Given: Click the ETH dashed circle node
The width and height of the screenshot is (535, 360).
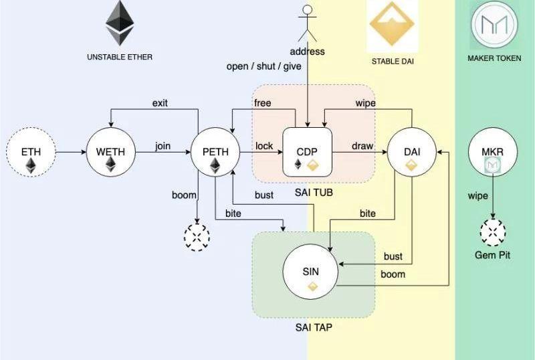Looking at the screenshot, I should [31, 153].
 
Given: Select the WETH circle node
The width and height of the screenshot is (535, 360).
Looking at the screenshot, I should [110, 153].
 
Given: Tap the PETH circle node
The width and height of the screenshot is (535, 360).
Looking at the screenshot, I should [215, 153].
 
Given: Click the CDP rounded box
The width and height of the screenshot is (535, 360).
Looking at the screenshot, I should [307, 153].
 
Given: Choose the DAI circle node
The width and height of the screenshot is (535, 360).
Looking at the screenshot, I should [411, 153].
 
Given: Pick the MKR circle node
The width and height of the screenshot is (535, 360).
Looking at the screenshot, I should [493, 153].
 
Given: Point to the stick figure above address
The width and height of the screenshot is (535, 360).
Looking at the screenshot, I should [307, 24].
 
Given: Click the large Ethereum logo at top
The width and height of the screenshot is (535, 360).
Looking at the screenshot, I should [120, 23].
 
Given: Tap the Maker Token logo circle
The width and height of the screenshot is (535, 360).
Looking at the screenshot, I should [494, 24].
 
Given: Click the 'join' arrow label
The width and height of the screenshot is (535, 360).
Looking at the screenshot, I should [163, 146].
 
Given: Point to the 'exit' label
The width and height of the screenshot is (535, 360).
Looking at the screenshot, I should [160, 102].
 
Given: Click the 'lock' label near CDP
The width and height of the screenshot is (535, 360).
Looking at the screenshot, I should [263, 146].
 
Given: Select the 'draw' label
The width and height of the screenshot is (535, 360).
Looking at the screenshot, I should [362, 146].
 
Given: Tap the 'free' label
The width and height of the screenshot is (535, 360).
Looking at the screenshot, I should [262, 102].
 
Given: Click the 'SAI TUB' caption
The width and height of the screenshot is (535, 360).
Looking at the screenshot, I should [314, 193].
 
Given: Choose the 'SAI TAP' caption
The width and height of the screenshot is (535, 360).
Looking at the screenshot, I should [314, 328].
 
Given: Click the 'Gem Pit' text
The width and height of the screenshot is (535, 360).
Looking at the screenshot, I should [493, 255].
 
